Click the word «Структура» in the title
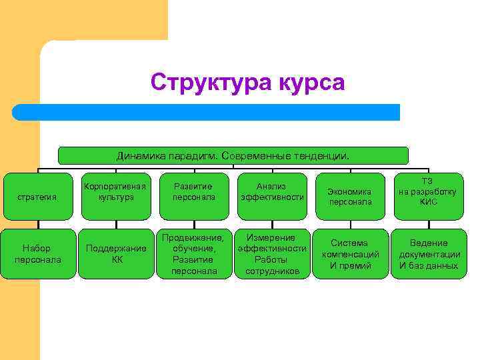pyautogui.click(x=209, y=83)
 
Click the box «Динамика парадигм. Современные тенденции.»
pyautogui.click(x=233, y=155)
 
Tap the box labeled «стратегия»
pyautogui.click(x=37, y=196)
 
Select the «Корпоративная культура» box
pyautogui.click(x=115, y=192)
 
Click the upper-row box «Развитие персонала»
pyautogui.click(x=193, y=192)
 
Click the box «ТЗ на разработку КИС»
pyautogui.click(x=428, y=192)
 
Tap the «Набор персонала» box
pyautogui.click(x=37, y=254)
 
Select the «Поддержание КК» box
pyautogui.click(x=115, y=254)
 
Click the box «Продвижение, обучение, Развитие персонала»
pyautogui.click(x=193, y=254)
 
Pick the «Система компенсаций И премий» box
pyautogui.click(x=350, y=254)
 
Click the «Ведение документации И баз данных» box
pyautogui.click(x=428, y=254)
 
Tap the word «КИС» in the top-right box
pyautogui.click(x=428, y=201)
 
